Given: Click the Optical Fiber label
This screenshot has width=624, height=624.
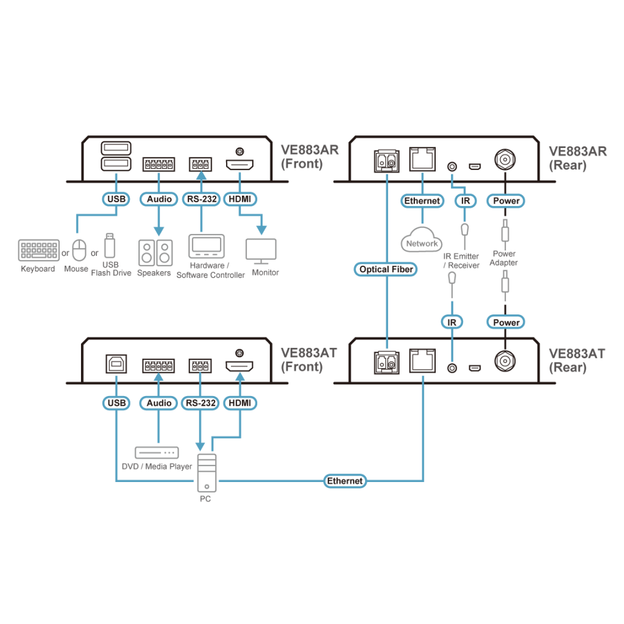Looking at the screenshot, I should [x=386, y=269].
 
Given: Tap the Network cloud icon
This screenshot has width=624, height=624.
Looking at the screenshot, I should [x=421, y=239].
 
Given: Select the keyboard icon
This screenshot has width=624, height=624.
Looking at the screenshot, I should [x=39, y=250].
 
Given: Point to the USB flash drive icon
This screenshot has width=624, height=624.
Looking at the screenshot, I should [x=109, y=245].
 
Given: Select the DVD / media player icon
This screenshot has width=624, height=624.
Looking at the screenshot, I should [x=157, y=453].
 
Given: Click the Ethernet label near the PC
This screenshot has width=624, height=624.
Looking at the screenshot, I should [x=345, y=481].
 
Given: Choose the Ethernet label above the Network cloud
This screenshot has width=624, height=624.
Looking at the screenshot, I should [x=422, y=200].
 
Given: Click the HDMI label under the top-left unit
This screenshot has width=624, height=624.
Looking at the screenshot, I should [x=241, y=199].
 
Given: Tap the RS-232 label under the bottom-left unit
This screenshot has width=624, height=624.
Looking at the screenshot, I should [x=200, y=403].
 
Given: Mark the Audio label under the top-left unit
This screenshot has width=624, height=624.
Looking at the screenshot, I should [x=159, y=199].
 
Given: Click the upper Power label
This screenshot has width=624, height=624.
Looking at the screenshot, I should [x=506, y=200].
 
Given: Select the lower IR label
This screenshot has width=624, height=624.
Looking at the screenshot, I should [x=452, y=322].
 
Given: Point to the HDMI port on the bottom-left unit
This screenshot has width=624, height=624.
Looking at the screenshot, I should [x=240, y=366].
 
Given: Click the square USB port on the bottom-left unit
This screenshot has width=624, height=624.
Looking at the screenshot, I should [x=115, y=364].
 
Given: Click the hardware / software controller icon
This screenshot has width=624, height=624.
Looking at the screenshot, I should [x=207, y=247].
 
